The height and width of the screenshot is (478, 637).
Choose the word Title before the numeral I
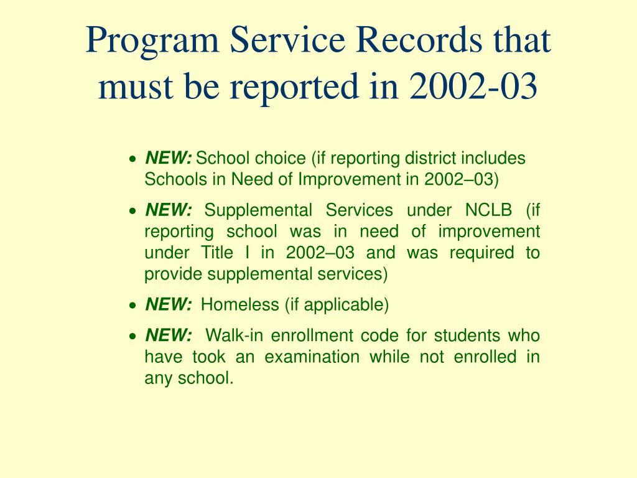(216, 253)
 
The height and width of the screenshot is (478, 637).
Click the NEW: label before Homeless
(169, 304)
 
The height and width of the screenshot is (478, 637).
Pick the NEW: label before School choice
(169, 158)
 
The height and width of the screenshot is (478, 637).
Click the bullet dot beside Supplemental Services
(132, 211)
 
